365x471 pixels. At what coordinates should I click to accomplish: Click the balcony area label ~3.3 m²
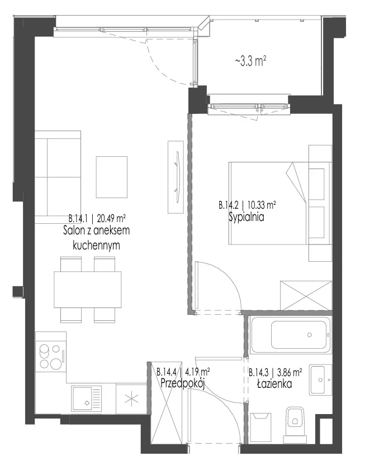(250, 61)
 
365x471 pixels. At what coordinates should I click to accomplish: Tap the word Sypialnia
(247, 217)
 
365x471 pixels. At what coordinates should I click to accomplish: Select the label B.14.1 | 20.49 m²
(97, 217)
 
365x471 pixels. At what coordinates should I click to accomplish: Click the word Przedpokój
(183, 383)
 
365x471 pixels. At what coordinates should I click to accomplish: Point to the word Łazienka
(274, 383)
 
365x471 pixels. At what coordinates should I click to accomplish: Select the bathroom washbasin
(320, 379)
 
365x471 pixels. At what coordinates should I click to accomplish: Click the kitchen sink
(87, 398)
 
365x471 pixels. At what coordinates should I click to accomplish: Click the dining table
(88, 289)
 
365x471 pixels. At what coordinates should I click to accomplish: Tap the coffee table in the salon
(112, 177)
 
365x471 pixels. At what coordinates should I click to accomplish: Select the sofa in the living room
(58, 177)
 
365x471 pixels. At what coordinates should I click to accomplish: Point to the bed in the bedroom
(269, 203)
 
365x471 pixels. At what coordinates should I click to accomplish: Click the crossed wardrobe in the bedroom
(306, 296)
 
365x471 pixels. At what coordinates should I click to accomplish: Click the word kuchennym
(96, 246)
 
